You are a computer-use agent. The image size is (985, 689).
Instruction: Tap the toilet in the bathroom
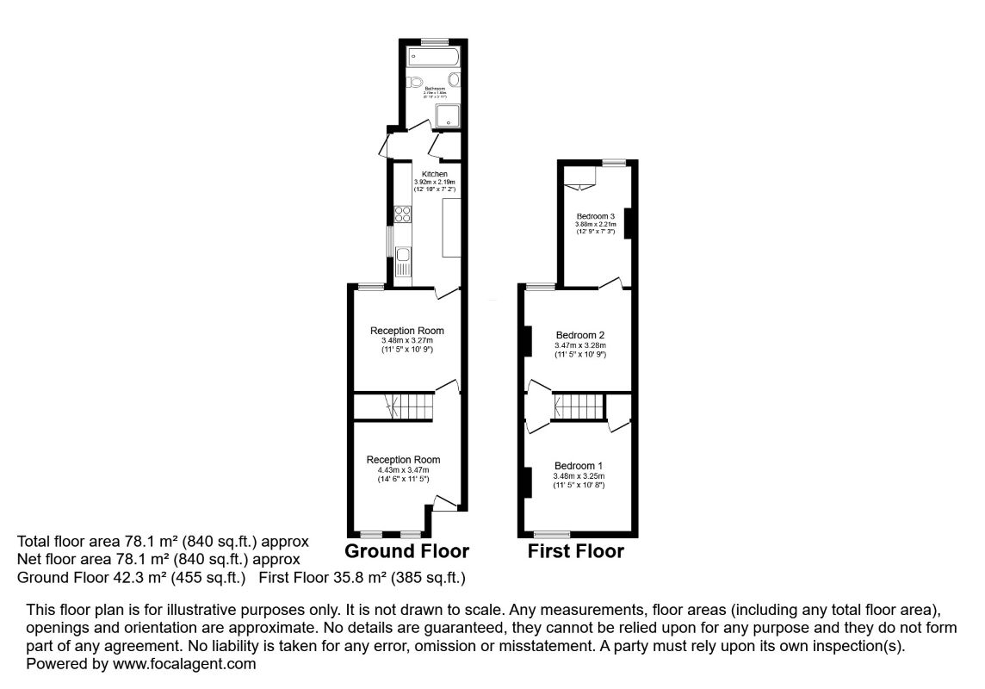416,84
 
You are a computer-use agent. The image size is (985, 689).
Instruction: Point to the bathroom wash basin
454,80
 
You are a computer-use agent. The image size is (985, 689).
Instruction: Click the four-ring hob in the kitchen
401,214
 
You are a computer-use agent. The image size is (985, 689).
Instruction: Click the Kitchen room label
434,174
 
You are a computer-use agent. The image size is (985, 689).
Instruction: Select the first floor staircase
578,405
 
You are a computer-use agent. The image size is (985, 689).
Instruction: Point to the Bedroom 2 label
580,335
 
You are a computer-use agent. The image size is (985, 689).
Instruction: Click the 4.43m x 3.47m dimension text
403,469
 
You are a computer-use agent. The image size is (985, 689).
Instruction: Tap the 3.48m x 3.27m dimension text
406,341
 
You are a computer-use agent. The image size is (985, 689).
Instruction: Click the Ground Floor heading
406,551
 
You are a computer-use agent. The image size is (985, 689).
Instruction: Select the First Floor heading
575,551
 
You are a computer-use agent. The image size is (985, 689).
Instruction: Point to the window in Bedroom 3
613,162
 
